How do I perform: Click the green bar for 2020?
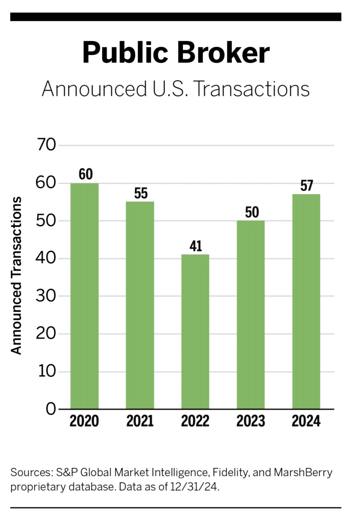(x=84, y=296)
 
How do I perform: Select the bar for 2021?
(x=140, y=305)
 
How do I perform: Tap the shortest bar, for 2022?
(x=195, y=331)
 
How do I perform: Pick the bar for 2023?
(x=251, y=315)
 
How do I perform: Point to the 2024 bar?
(x=306, y=301)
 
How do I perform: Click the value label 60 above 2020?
(x=85, y=174)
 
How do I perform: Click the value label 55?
(x=140, y=193)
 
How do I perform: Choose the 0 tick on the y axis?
(x=50, y=409)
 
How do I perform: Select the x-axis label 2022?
(x=195, y=422)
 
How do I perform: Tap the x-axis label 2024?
(x=306, y=422)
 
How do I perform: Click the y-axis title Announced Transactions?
(x=17, y=275)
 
